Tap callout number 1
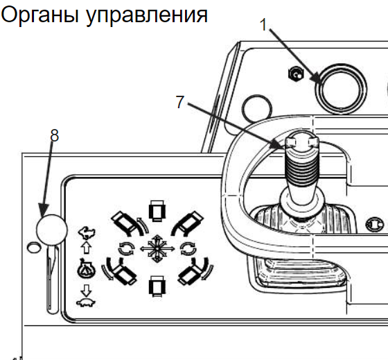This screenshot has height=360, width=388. click(x=263, y=25)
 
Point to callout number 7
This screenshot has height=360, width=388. click(x=180, y=101)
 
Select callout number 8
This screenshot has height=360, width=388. click(x=55, y=135)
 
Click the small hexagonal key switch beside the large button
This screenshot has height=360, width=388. click(x=296, y=74)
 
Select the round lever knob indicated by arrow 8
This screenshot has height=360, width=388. click(x=52, y=230)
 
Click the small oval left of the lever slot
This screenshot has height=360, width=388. click(x=34, y=248)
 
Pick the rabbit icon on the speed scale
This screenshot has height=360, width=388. click(x=87, y=233)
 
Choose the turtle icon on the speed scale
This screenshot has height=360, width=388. click(x=86, y=302)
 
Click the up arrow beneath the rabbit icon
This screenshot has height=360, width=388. click(x=87, y=248)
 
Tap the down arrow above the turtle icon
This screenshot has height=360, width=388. click(x=86, y=291)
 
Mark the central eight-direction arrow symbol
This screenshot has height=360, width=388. click(x=157, y=248)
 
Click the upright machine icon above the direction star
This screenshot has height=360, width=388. click(x=157, y=211)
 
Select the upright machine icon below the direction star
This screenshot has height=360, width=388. click(x=157, y=286)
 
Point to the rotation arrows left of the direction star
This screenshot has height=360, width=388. click(x=127, y=248)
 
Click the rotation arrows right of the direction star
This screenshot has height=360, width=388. click(x=188, y=248)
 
